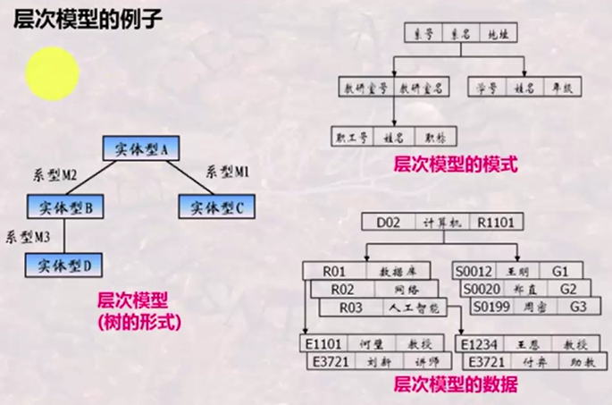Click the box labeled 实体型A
click(x=142, y=148)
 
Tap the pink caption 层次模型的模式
click(x=455, y=164)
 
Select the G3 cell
click(x=579, y=307)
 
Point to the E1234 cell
click(x=480, y=344)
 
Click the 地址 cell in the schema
click(x=496, y=34)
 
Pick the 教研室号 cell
click(x=364, y=89)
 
